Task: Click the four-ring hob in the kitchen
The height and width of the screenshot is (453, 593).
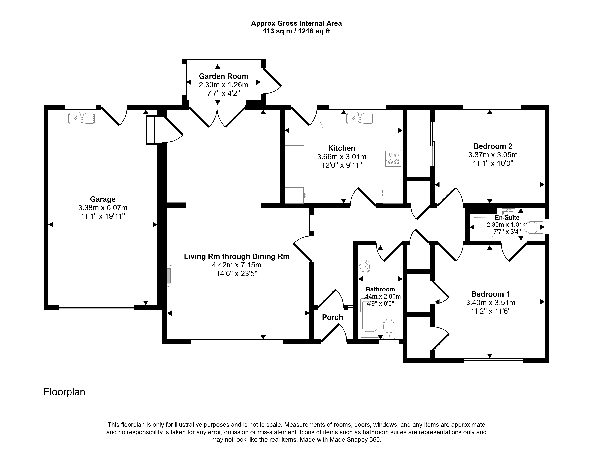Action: click(393, 158)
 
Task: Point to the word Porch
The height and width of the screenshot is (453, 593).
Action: click(332, 317)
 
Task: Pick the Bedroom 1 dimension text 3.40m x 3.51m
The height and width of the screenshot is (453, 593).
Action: click(490, 303)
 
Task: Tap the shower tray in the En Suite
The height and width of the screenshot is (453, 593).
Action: click(483, 227)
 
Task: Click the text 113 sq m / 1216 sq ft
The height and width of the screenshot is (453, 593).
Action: click(296, 31)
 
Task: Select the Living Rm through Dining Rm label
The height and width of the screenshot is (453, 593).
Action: click(237, 256)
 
